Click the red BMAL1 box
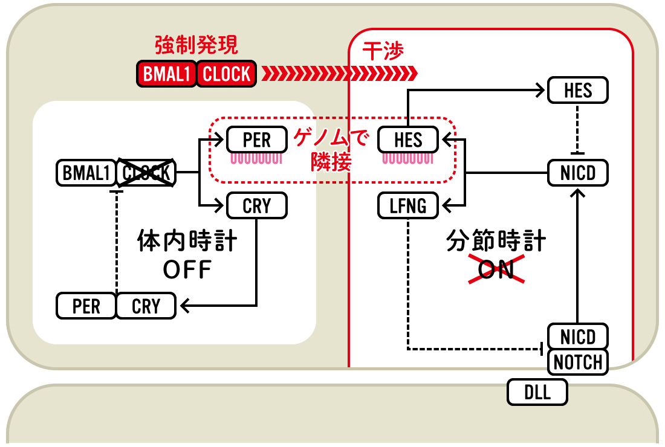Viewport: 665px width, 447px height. click(x=166, y=74)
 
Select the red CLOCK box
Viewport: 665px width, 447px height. click(x=227, y=74)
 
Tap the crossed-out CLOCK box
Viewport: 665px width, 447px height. click(x=146, y=173)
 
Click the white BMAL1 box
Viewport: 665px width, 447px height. click(x=86, y=173)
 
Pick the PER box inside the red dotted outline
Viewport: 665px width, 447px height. click(x=257, y=140)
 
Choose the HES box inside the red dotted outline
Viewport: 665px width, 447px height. click(x=408, y=140)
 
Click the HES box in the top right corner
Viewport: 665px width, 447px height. click(x=577, y=90)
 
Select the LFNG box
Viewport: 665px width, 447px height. click(x=408, y=206)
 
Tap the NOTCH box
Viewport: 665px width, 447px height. click(x=577, y=362)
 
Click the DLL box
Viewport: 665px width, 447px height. click(x=537, y=393)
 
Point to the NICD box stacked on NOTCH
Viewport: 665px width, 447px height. click(x=577, y=337)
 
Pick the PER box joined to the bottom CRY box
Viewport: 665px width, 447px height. click(x=86, y=306)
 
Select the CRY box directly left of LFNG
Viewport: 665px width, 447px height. click(x=257, y=206)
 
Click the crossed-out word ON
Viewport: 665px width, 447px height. click(x=496, y=269)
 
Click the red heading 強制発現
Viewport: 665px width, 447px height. click(x=196, y=45)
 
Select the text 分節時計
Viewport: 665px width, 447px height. click(x=496, y=240)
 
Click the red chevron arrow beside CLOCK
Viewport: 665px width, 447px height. click(x=340, y=74)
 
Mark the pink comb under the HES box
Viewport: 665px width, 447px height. click(x=408, y=158)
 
